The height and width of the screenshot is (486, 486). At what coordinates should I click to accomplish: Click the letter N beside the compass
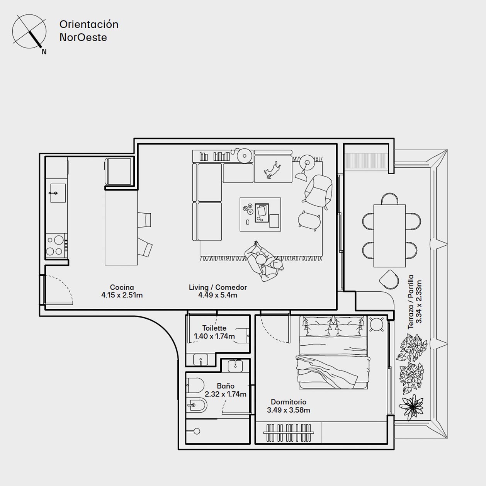44,52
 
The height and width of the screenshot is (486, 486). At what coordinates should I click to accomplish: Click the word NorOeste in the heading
83,37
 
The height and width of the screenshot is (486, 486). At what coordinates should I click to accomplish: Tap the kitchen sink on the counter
58,193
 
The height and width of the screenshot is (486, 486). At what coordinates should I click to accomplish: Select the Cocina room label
122,287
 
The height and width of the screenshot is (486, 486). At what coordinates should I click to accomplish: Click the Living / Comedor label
218,287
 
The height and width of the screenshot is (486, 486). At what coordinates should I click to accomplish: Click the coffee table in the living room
260,214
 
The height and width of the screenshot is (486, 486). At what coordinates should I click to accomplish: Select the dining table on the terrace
389,236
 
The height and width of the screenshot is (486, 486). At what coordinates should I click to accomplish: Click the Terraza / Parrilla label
411,302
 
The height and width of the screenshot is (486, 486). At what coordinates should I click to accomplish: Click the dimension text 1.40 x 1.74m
214,336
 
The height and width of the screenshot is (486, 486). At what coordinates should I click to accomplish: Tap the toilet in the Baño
195,385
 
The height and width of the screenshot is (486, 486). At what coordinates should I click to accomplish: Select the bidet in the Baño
197,405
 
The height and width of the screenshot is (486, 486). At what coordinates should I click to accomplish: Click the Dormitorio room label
289,402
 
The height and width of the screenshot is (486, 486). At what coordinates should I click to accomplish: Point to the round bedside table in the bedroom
376,325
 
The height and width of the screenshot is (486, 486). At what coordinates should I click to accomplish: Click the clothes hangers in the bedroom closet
289,433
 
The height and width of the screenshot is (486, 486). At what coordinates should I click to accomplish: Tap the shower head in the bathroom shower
197,431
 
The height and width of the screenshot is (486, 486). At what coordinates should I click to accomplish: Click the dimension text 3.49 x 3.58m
289,410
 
